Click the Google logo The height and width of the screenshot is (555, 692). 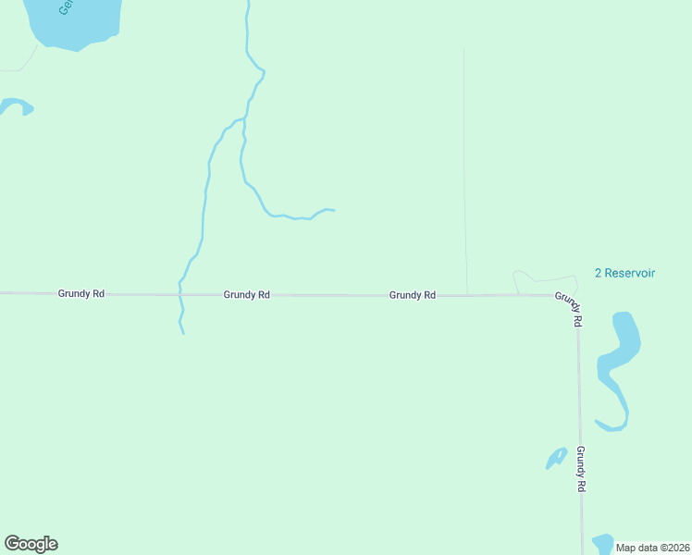pos(31,544)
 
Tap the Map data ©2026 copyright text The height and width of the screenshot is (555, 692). pos(652,547)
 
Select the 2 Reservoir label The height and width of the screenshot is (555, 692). pos(624,273)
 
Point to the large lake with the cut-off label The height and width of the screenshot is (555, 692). pos(74,20)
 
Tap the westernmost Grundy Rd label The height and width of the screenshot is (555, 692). pos(81,293)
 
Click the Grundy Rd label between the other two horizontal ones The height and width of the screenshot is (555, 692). pos(246,295)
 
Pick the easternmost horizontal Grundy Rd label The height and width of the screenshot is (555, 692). pos(413,295)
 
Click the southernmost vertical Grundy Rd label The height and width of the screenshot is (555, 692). pos(581,468)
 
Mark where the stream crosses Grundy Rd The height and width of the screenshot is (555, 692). pos(180,294)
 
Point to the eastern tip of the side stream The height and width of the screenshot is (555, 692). pos(333,211)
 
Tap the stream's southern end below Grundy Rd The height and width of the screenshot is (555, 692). pos(183,332)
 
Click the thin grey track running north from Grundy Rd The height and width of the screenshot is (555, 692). pos(464,166)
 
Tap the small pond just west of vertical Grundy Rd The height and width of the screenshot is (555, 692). pos(557,457)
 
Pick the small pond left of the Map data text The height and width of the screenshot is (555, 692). pos(602,543)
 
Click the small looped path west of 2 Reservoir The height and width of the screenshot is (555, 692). pos(525,277)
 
